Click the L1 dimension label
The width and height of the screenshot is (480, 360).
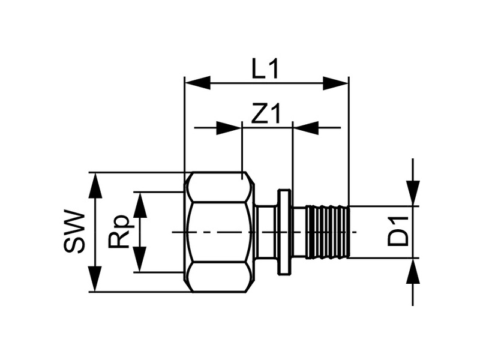tap(265, 69)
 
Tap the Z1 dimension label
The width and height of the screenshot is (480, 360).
tap(265, 113)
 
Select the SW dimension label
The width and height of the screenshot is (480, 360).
tap(74, 232)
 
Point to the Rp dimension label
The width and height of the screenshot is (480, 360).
tap(118, 232)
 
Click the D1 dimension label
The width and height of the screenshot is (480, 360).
tap(398, 232)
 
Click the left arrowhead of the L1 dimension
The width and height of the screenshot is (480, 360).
tap(198, 83)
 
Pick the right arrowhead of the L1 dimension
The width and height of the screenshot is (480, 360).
tap(335, 83)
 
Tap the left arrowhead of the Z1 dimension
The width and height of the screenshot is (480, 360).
tap(229, 128)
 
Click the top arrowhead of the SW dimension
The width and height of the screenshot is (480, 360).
tap(95, 185)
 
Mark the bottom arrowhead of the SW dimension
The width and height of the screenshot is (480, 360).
tap(95, 279)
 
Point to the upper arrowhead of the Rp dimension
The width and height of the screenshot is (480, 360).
tap(140, 205)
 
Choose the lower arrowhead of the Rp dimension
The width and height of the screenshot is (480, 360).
tap(140, 259)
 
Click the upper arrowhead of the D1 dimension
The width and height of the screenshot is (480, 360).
tap(413, 193)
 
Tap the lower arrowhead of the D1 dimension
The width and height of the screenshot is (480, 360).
tap(413, 272)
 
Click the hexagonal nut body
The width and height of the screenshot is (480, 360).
tap(219, 232)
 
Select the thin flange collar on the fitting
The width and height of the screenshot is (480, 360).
tap(284, 232)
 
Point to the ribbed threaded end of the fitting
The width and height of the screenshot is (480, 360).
tap(328, 232)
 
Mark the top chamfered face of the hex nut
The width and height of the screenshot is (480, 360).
tap(219, 187)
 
